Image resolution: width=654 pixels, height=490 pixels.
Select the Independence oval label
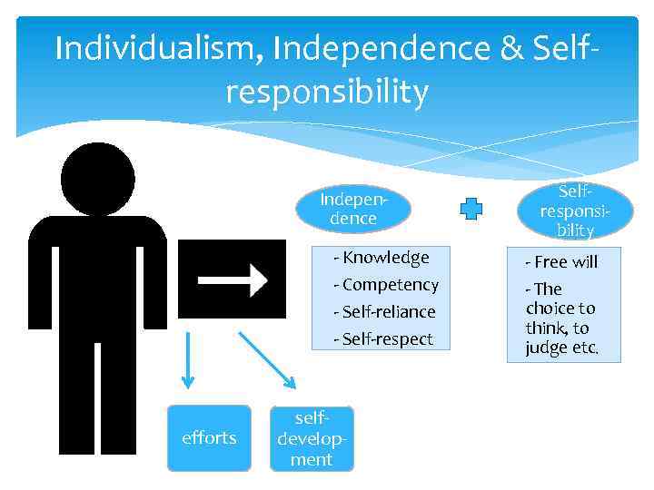click(353, 209)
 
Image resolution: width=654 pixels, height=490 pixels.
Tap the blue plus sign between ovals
click(471, 210)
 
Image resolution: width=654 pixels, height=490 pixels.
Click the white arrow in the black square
click(233, 279)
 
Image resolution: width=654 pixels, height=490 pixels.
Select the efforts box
click(209, 438)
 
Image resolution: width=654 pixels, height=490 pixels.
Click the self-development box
click(312, 438)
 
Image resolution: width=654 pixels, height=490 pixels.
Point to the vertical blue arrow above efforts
click(188, 358)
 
